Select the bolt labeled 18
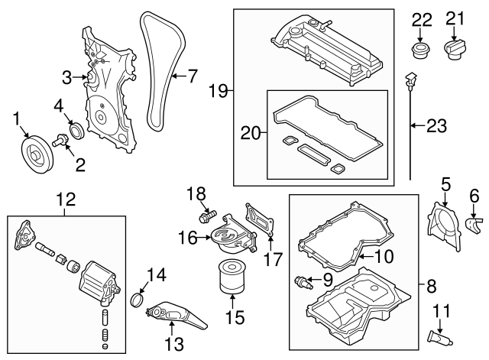tap(206, 218)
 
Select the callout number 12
tap(66, 200)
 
